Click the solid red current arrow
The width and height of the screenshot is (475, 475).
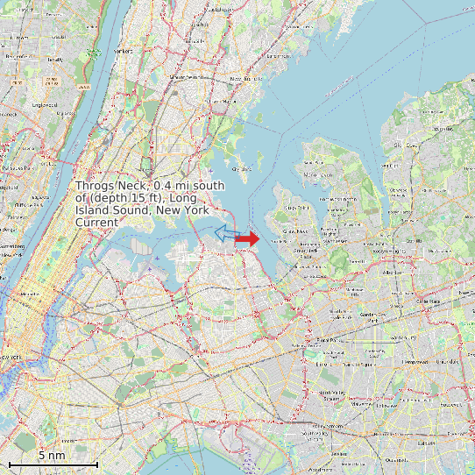coord(248,238)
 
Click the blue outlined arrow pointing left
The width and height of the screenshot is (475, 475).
coord(225,232)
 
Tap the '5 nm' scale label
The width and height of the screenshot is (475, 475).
coord(51,456)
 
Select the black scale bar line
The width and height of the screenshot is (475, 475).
coord(53,464)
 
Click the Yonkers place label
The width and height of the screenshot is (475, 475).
coord(123,51)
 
